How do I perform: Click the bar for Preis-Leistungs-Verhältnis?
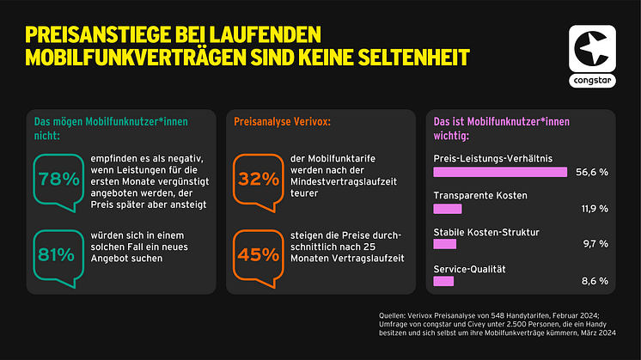point(500,172)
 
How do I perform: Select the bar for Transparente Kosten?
point(448,208)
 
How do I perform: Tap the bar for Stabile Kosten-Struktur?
point(445,244)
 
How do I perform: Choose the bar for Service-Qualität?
point(443,280)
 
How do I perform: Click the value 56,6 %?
point(591,172)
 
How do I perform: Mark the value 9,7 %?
point(595,244)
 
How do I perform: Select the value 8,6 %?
point(595,280)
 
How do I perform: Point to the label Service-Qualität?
point(469,268)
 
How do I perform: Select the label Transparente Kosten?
point(480,196)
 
